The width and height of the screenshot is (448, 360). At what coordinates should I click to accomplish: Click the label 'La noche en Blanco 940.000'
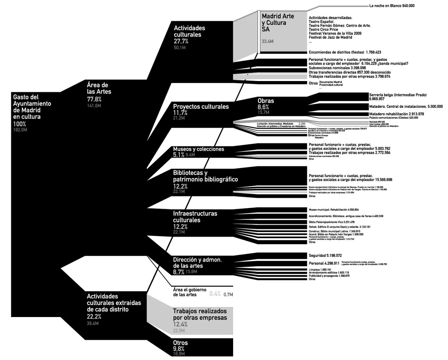pos(391,6)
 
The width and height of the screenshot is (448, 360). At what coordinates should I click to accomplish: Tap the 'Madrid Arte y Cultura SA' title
pos(278,22)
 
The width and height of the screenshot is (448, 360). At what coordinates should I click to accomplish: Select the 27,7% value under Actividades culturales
pos(181,41)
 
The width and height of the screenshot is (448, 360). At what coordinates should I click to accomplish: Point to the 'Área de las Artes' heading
pos(99,88)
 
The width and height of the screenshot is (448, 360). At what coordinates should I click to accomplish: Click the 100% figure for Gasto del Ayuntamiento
pos(20,124)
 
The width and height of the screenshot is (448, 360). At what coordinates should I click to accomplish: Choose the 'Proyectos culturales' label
pos(201,106)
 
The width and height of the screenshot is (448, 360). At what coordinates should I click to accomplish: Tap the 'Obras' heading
pos(266,101)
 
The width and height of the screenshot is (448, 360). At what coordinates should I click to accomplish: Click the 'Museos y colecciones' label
pos(198,149)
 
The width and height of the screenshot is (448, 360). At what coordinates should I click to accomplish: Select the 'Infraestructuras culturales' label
pos(195,217)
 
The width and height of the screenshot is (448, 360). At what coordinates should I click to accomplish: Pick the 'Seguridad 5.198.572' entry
pos(325,256)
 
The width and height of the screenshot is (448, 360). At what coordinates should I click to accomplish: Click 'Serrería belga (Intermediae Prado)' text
pos(398,94)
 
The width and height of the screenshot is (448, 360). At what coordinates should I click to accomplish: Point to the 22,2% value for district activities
pos(94,316)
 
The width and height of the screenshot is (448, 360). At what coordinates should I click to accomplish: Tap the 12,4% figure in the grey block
pos(180,325)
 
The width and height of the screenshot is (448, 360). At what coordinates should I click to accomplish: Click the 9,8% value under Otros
pos(179,348)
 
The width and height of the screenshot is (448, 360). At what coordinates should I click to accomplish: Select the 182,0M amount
pos(20,130)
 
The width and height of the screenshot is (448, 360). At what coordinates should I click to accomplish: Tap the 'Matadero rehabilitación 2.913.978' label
pos(396,114)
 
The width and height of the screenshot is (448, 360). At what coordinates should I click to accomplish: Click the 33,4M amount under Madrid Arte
pos(268,41)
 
